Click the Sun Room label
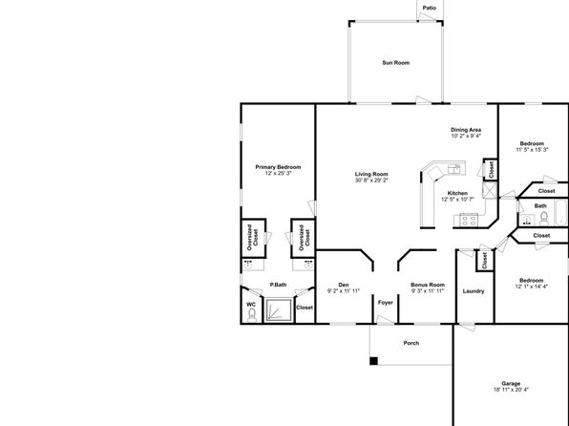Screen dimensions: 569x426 point(395,63)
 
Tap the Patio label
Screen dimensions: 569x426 point(430,8)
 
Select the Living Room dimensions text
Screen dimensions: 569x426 point(371,181)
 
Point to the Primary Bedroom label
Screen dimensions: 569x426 point(278,167)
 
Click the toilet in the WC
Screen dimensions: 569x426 point(252,315)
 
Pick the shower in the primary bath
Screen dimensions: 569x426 point(279,309)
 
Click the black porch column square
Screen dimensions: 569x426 point(374,361)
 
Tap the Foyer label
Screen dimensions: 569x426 point(386,302)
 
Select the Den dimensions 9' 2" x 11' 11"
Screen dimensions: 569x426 point(344,291)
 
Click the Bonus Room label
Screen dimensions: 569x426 point(428,285)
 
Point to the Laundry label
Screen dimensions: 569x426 point(474,291)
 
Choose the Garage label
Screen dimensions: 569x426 point(511,384)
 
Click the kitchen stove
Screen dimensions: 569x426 point(469,220)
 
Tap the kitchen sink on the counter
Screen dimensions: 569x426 point(454,169)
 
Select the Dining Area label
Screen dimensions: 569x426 point(466,130)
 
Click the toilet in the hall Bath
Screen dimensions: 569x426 point(543,219)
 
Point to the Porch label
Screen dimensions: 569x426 point(411,343)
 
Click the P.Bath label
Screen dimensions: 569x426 point(278,285)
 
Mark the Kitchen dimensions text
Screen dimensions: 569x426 point(457,200)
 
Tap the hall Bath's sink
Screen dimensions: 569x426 point(527,220)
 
